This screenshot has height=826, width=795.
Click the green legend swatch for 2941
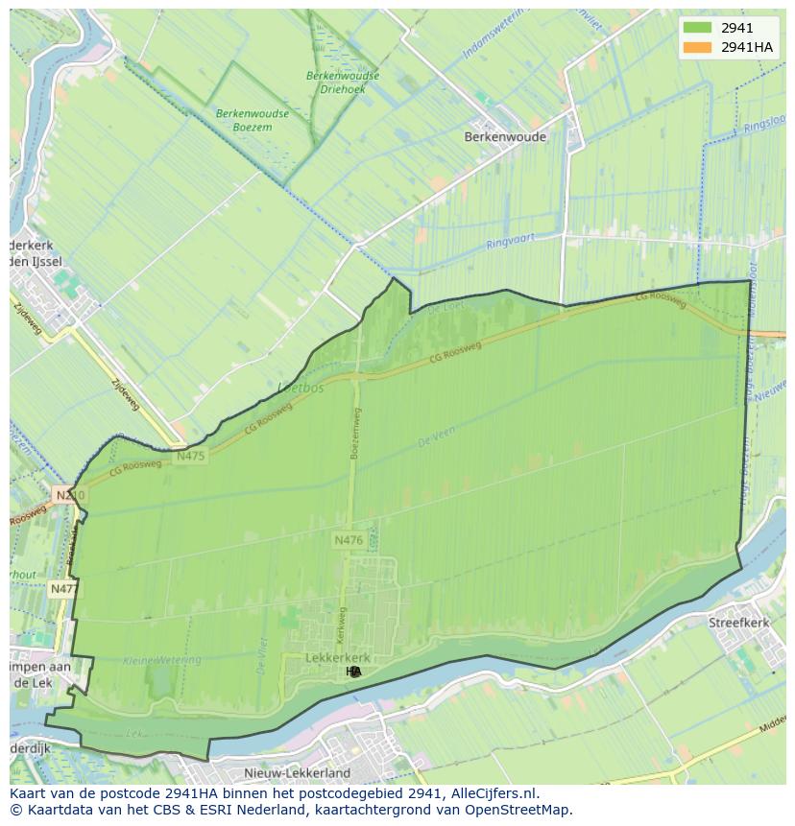(x=697, y=28)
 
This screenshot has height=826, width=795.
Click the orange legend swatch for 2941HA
(x=697, y=47)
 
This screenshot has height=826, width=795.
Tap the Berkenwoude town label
(x=505, y=137)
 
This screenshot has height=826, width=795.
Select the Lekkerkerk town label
(x=337, y=657)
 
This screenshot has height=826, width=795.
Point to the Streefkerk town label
(x=739, y=623)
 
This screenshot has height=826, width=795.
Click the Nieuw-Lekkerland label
(x=298, y=772)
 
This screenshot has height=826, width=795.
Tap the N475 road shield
(x=191, y=457)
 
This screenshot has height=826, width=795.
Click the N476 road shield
(x=349, y=541)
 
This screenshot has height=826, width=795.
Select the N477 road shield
(x=64, y=588)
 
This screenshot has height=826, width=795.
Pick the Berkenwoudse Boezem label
(x=253, y=119)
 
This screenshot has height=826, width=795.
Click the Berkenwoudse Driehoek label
(x=343, y=82)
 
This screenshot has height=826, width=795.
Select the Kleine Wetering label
(x=163, y=660)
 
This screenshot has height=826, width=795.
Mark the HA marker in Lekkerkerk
(x=353, y=672)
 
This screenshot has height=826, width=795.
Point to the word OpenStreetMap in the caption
(x=524, y=810)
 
